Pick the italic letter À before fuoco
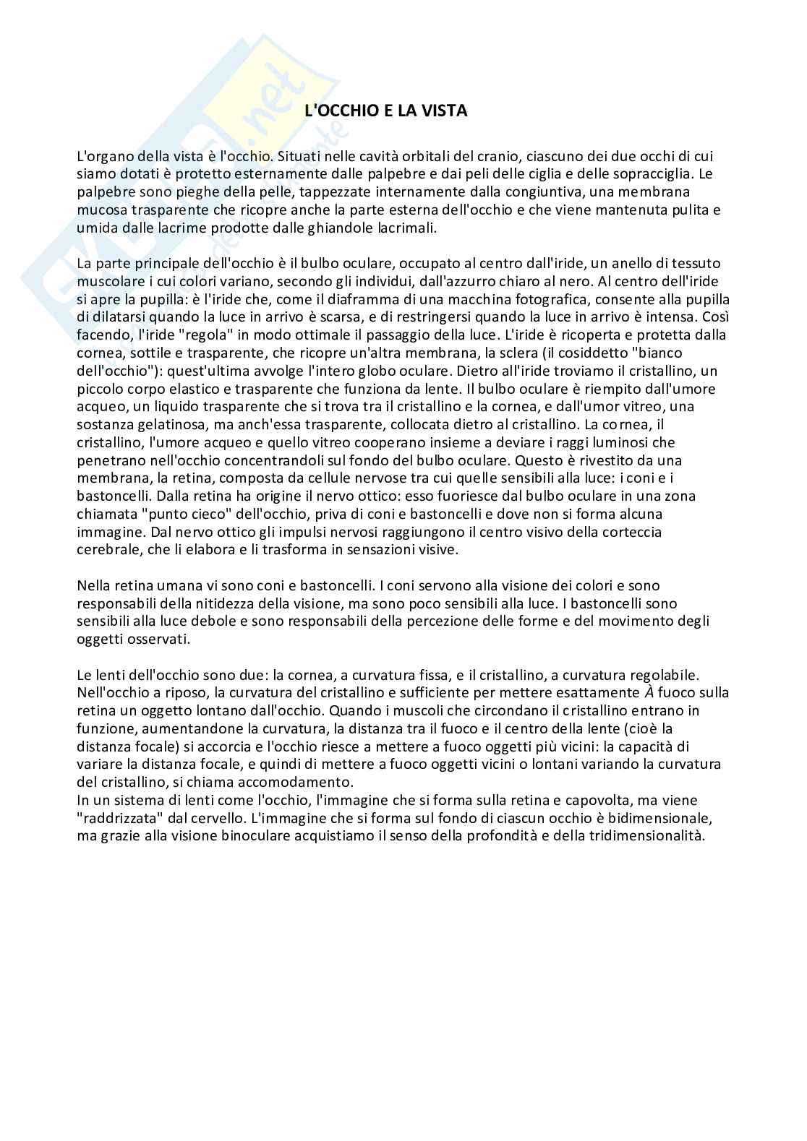click(x=649, y=693)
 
